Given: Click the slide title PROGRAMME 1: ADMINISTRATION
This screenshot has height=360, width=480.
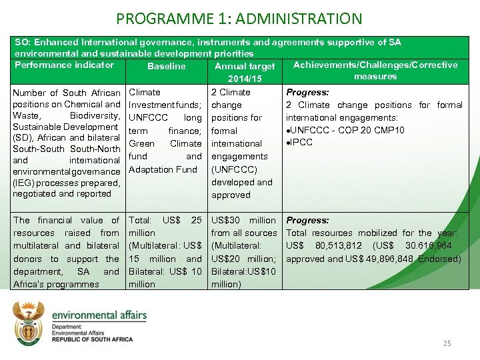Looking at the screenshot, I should (x=239, y=19).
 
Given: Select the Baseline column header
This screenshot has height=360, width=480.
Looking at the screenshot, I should (x=166, y=66).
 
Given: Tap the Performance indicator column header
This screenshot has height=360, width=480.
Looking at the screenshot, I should (x=64, y=65).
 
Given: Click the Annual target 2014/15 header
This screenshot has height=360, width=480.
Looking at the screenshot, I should (x=244, y=73).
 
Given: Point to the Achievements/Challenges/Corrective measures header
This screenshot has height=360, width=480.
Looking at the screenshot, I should (x=375, y=70).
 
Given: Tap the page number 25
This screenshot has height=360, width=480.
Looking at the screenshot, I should (x=447, y=343).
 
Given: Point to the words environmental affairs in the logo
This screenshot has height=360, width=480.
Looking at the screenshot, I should (x=99, y=315).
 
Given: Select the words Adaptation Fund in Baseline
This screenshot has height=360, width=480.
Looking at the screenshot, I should (x=163, y=169).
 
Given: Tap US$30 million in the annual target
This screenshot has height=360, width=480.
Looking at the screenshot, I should (x=243, y=220).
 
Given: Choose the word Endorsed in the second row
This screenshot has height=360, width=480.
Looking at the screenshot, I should (x=439, y=259).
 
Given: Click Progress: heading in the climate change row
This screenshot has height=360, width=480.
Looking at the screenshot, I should (x=307, y=92).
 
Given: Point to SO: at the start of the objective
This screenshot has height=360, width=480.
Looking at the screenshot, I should (x=22, y=42).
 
